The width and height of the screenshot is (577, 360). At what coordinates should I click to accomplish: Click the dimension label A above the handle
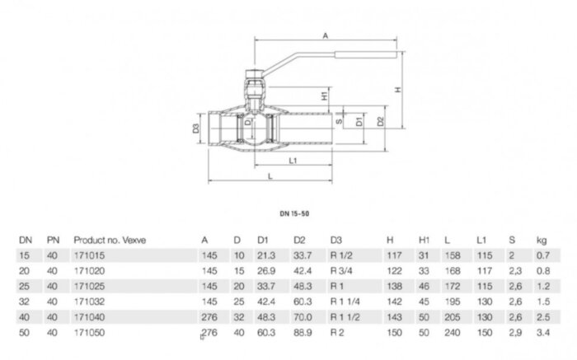[326, 36]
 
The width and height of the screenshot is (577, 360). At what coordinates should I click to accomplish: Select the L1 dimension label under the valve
[294, 160]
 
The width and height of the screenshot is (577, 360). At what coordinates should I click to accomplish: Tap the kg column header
[541, 240]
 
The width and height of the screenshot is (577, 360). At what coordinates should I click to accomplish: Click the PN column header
[53, 240]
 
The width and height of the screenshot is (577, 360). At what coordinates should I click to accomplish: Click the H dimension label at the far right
[398, 90]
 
